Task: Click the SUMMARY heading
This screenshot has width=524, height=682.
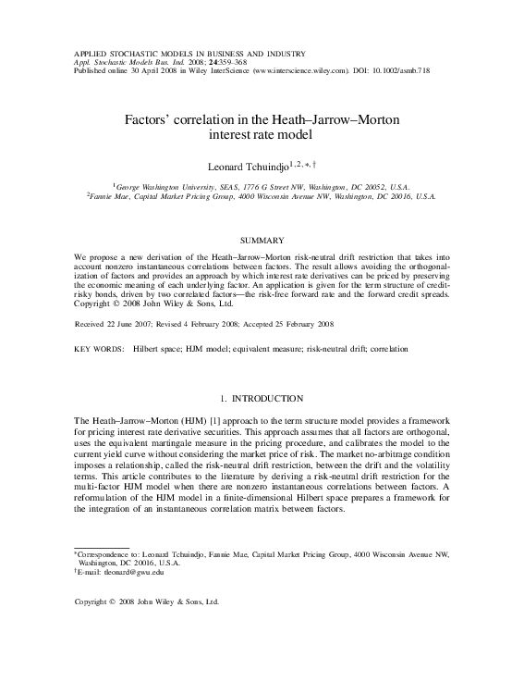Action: click(x=262, y=240)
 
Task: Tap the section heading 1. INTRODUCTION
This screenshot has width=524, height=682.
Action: click(x=262, y=399)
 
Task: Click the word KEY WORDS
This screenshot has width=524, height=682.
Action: click(x=98, y=350)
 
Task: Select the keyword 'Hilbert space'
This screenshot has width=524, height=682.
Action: click(x=160, y=350)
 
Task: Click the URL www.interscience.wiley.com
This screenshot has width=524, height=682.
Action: click(x=298, y=69)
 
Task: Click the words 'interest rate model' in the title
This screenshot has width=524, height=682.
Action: click(x=262, y=135)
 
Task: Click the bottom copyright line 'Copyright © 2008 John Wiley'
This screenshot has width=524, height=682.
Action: click(x=147, y=601)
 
